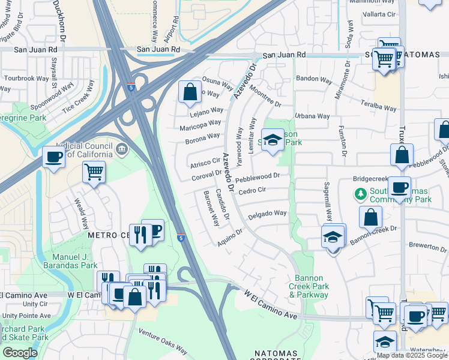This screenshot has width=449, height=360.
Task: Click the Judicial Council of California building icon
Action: pos(122,149)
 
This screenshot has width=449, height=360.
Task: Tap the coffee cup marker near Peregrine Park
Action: pos(53,158)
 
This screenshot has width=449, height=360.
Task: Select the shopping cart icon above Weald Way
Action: pos(94,172)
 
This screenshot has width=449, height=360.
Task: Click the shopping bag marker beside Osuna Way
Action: pos(190,92)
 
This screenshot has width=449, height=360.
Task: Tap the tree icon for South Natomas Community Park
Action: pos(360,194)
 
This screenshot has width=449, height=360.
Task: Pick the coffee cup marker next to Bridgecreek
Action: pos(399,186)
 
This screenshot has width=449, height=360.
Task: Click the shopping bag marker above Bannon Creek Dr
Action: pos(371,217)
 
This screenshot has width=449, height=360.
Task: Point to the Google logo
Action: pos(20,353)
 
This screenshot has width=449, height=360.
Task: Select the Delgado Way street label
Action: pos(267,213)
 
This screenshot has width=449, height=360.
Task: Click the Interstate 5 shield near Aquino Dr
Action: pos(181,238)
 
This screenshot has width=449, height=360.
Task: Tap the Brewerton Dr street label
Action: pos(428,247)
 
